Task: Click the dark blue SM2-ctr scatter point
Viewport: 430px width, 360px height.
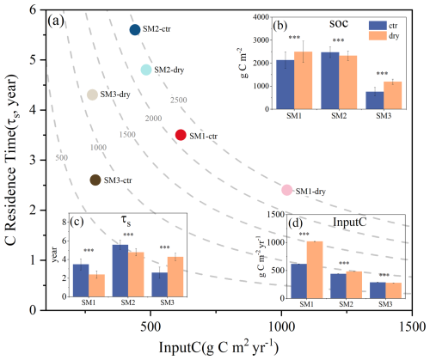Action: coord(135,29)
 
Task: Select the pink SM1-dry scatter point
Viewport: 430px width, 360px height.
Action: coord(286,190)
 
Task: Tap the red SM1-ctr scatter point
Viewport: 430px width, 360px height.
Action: coord(181,135)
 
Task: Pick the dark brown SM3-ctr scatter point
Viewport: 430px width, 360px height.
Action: coord(95,180)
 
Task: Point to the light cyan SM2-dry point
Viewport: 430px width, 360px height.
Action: coord(146,70)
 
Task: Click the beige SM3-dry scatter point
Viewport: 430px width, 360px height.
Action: coord(92,95)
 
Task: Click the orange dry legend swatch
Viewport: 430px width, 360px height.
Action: coord(378,36)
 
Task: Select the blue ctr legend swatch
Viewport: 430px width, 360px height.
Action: coord(378,26)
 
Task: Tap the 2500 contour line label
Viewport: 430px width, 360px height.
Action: coord(179,100)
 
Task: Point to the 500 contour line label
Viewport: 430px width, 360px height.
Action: coord(62,157)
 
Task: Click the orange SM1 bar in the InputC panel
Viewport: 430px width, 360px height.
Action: coord(315,270)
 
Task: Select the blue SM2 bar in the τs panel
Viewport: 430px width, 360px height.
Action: coord(120,271)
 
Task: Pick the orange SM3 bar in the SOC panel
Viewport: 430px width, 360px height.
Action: coord(393,95)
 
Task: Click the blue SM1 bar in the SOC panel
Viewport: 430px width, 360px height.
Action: coord(286,84)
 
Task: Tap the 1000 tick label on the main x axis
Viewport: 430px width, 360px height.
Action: coord(281,326)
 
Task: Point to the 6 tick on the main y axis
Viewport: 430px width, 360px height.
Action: coord(33,10)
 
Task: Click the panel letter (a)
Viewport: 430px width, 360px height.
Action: coord(56,21)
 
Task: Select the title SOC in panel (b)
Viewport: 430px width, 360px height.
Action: coord(339,23)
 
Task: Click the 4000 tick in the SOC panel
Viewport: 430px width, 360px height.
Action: coord(261,17)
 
